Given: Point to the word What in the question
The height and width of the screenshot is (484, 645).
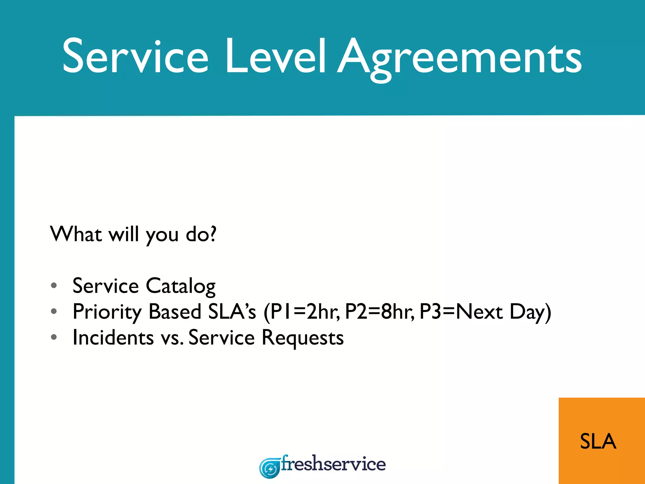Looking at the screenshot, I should (76, 234).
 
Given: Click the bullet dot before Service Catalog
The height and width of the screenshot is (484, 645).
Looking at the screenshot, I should (54, 285).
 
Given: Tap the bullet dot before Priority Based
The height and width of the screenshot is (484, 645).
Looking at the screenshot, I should (54, 311).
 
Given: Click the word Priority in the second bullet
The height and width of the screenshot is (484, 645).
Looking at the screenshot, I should (107, 312).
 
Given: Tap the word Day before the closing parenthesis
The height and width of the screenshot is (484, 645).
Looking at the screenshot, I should (528, 312).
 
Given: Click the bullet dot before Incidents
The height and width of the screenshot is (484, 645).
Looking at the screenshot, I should (54, 337).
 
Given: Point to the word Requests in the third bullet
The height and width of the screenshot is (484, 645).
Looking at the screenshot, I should (303, 338).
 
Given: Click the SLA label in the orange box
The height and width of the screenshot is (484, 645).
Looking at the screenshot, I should (598, 441).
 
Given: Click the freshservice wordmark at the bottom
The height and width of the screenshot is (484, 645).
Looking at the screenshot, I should (333, 464).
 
